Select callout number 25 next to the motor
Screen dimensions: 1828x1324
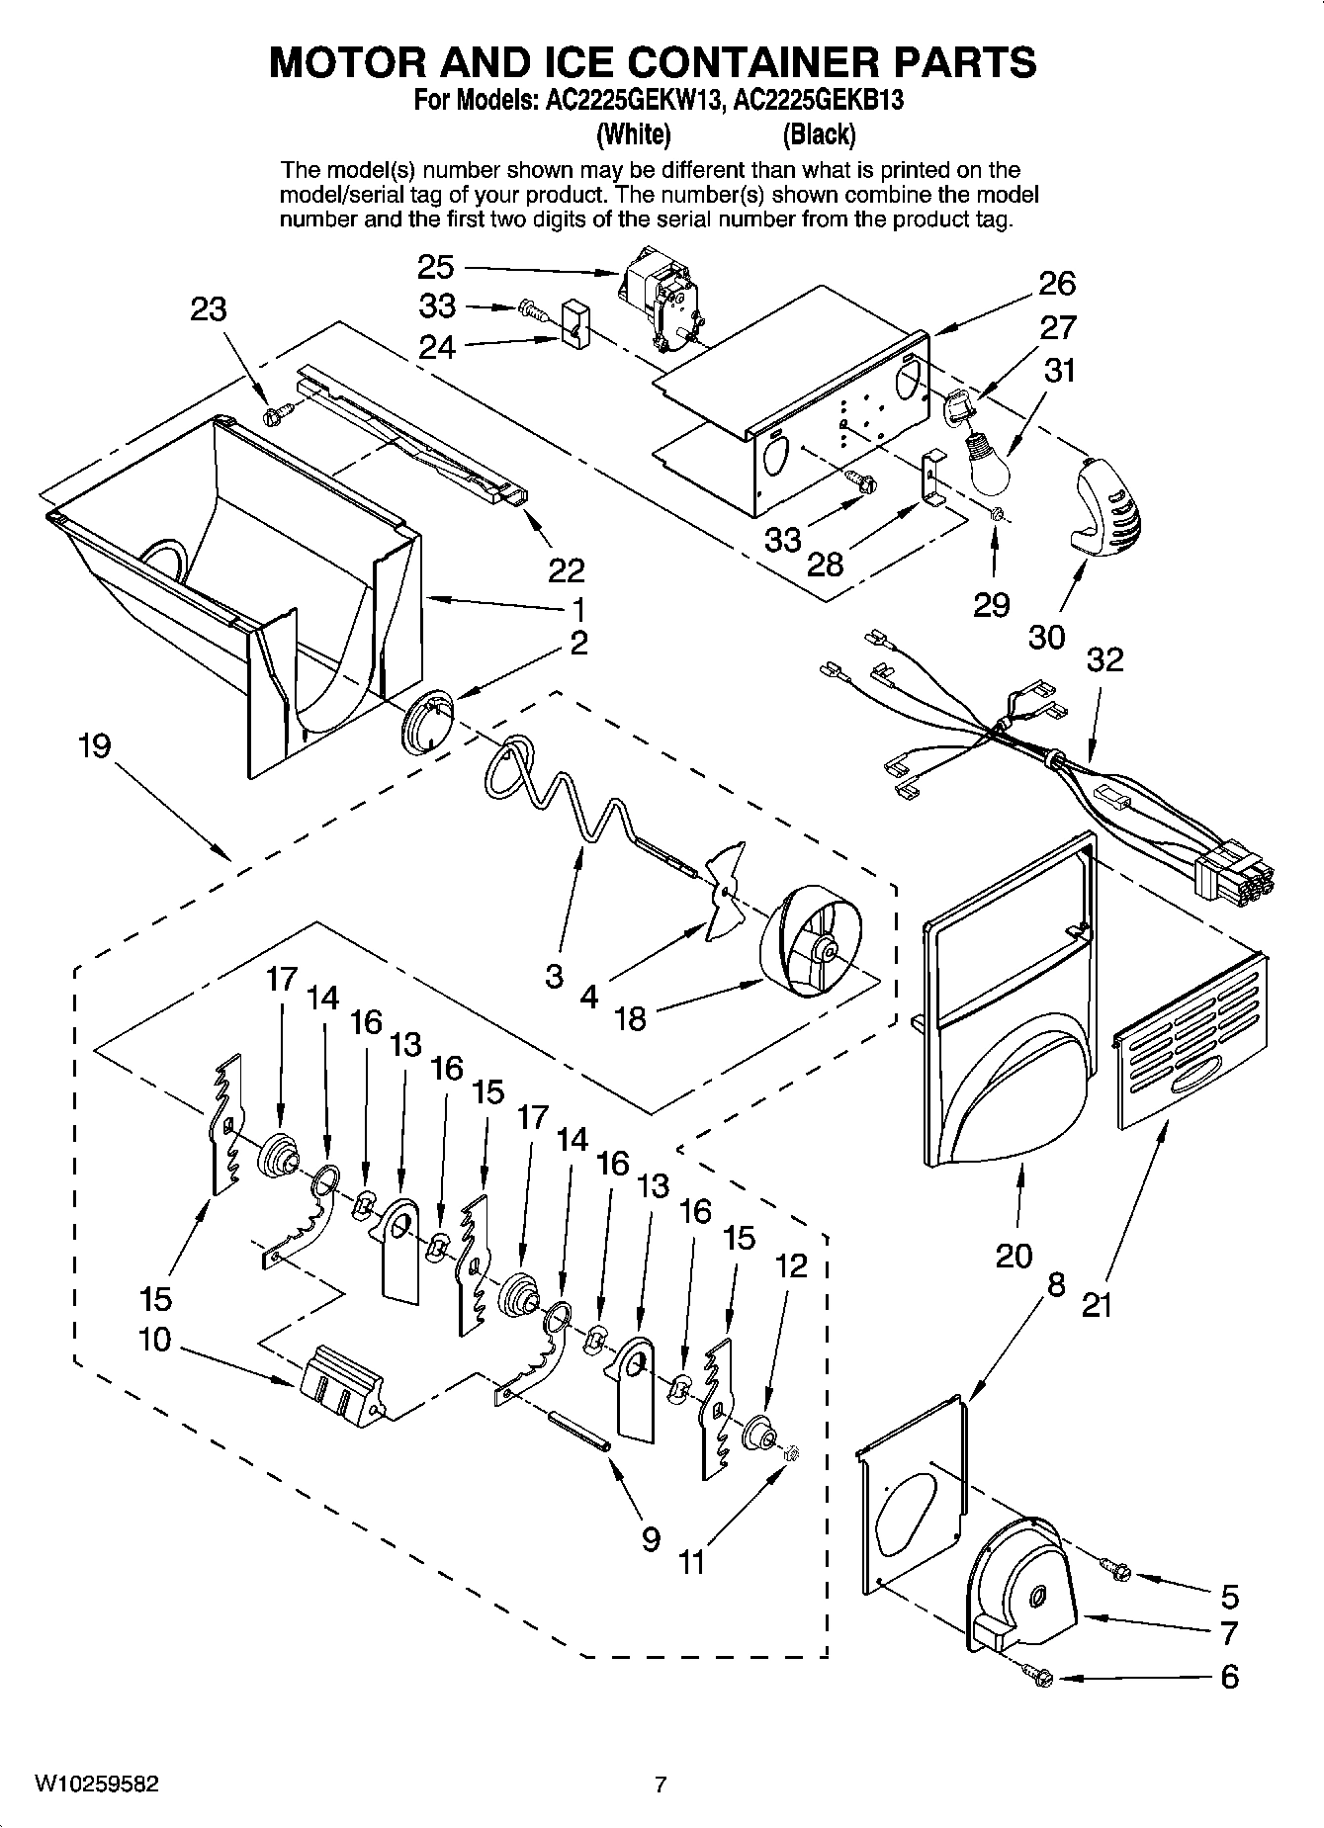pyautogui.click(x=435, y=267)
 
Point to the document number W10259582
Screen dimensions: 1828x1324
pyautogui.click(x=96, y=1784)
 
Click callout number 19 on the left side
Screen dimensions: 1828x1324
pyautogui.click(x=95, y=744)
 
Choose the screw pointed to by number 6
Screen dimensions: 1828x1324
pyautogui.click(x=1041, y=1676)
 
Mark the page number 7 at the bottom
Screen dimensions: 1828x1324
pyautogui.click(x=661, y=1784)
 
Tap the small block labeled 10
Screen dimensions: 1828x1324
pyautogui.click(x=341, y=1384)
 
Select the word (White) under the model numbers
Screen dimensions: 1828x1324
pyautogui.click(x=635, y=133)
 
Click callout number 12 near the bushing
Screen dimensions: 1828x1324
pyautogui.click(x=792, y=1265)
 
